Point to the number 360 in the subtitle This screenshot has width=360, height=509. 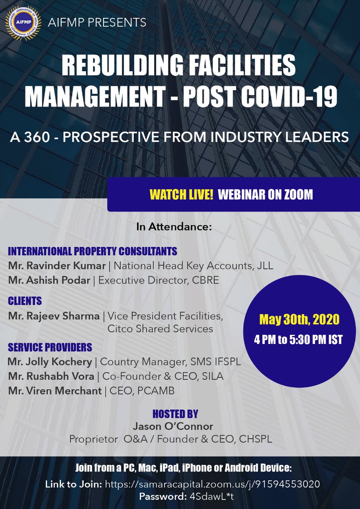click(45, 137)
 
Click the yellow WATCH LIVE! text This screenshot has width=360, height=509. click(181, 195)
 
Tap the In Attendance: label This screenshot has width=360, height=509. click(174, 227)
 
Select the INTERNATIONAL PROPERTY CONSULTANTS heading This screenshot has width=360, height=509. click(93, 251)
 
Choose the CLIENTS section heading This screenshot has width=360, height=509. click(25, 301)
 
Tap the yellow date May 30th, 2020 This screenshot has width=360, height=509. click(299, 319)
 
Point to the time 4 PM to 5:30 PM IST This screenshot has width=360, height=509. click(299, 340)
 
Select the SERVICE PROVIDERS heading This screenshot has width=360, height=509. click(50, 347)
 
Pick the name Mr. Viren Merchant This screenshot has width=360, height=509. click(55, 390)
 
